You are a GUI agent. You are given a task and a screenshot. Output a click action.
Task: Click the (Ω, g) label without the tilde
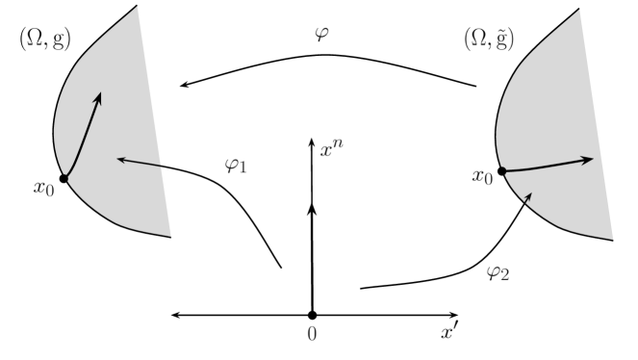(46, 39)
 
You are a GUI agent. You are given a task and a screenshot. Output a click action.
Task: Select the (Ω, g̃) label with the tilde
(489, 39)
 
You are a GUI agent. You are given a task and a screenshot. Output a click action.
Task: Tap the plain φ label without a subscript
(322, 36)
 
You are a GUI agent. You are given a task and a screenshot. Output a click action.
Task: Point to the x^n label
(331, 148)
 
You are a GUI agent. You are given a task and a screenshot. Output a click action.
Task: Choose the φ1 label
(236, 167)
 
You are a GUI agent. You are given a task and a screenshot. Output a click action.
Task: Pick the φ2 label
(498, 273)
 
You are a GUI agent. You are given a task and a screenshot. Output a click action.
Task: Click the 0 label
(311, 334)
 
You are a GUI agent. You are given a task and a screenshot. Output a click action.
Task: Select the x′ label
(449, 332)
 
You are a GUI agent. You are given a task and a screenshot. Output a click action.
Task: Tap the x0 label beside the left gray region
(45, 189)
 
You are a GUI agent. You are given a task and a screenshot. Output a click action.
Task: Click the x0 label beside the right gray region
(483, 177)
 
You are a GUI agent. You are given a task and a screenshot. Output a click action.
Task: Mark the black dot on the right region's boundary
(502, 171)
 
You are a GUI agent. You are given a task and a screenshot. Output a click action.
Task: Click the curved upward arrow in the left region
(85, 135)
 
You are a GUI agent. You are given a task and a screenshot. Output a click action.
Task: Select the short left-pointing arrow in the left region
(140, 162)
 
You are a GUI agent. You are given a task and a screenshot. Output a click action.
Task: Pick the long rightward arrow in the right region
(549, 166)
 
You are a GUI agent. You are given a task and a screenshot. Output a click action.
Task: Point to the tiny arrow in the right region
(525, 196)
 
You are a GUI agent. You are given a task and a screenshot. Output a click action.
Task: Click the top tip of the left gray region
(138, 8)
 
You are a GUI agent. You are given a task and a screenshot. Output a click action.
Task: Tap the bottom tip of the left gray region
(170, 235)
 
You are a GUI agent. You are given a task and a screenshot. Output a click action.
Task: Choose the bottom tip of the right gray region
(612, 239)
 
